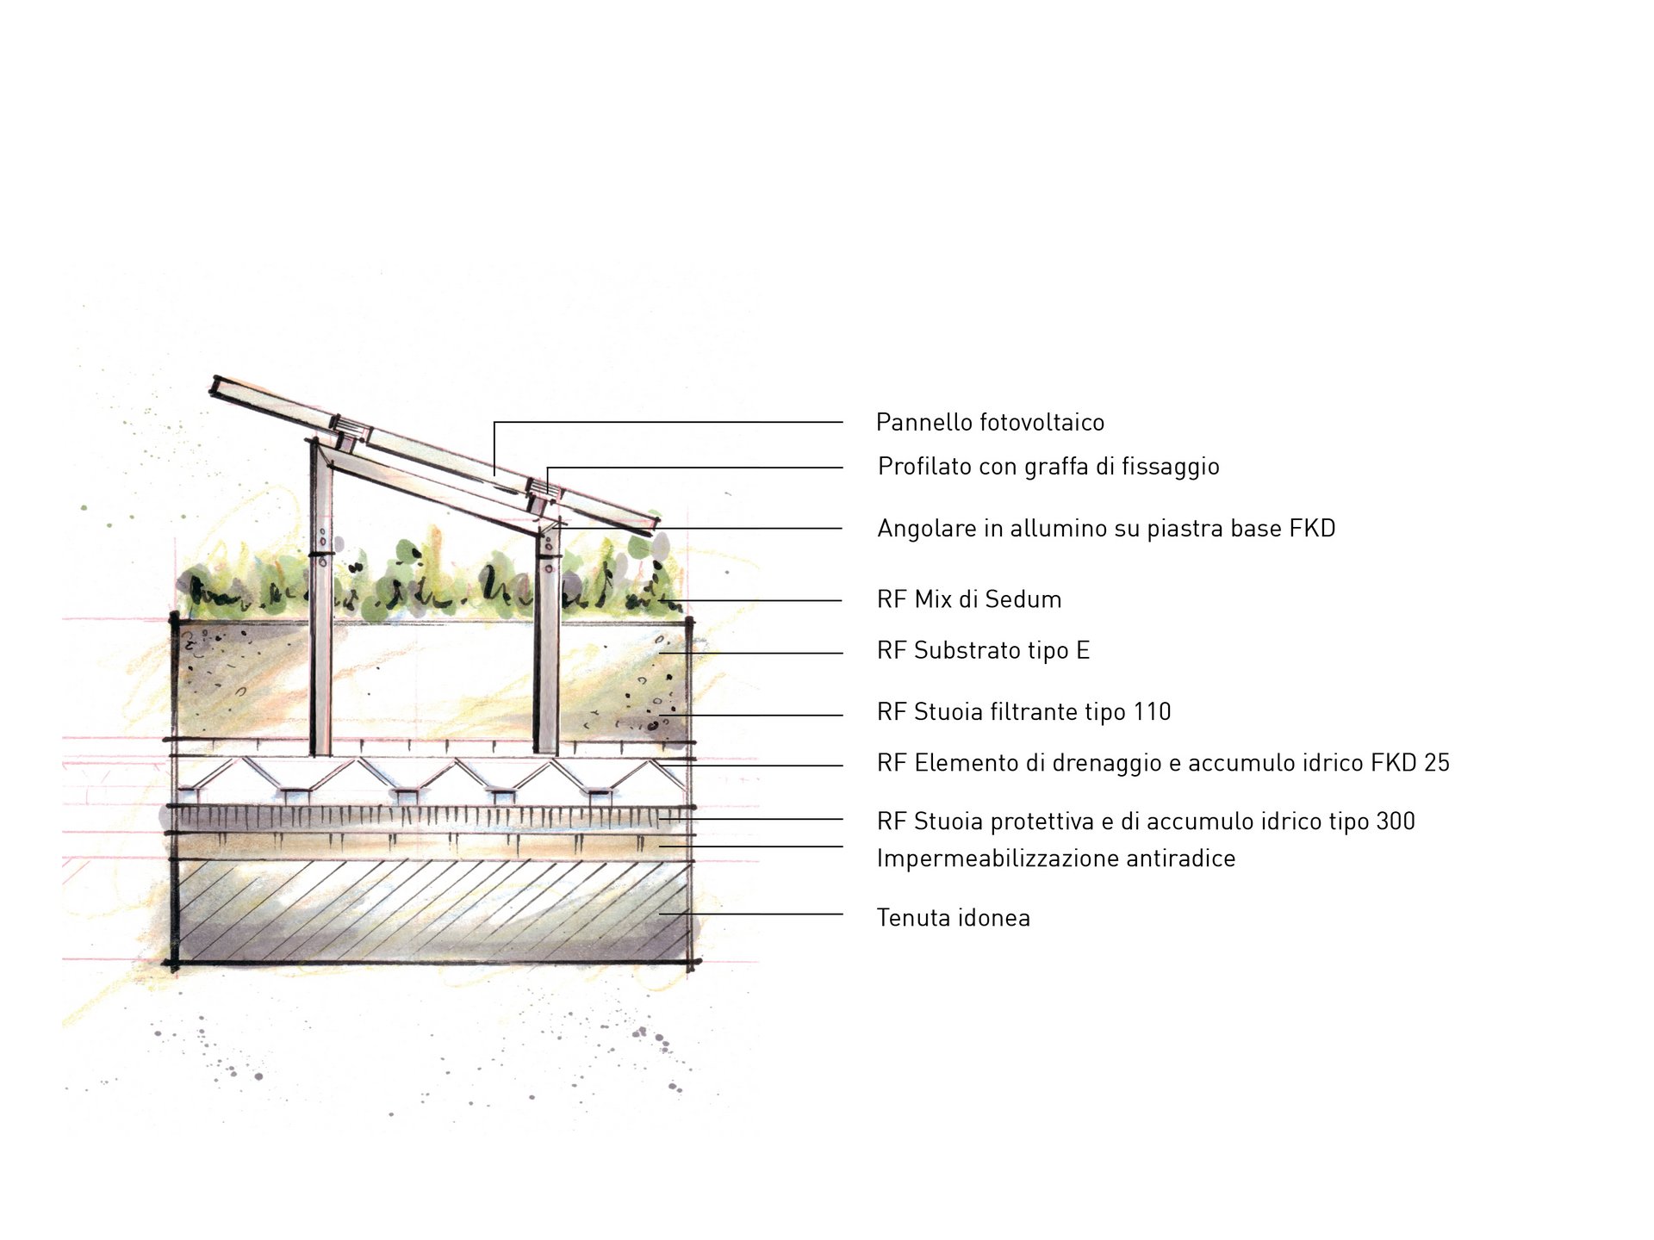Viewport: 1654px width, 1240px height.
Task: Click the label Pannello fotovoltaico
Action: click(990, 422)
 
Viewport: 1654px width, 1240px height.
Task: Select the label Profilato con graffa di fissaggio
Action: click(1048, 467)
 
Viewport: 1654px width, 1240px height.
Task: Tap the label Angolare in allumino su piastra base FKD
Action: click(1106, 528)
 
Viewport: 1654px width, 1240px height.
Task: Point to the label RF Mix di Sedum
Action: click(969, 599)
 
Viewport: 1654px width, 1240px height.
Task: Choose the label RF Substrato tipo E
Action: click(983, 650)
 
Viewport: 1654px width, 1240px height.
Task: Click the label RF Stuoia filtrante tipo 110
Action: click(1023, 712)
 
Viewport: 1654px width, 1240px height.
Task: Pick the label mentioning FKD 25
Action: click(1163, 763)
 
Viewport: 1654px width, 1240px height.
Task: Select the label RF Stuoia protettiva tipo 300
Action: click(1146, 821)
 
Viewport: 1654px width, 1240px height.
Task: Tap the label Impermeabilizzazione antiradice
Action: click(1055, 859)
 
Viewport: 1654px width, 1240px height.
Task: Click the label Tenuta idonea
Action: click(953, 918)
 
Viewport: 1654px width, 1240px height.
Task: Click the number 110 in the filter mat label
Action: click(1152, 712)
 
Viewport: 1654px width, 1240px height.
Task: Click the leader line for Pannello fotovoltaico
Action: click(672, 422)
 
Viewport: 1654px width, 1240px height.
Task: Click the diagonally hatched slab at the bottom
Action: click(431, 911)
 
